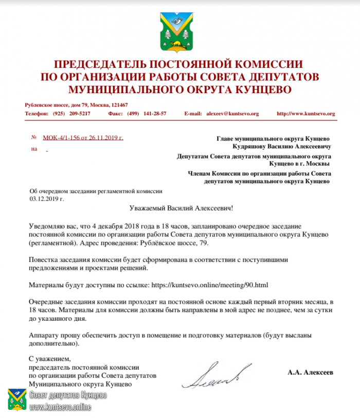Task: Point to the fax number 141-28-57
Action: coord(154,113)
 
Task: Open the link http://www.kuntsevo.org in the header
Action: coord(305,113)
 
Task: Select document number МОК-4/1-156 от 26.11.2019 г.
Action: coord(83,137)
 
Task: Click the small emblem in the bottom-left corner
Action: coord(16,399)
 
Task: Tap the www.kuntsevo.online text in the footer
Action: coord(60,407)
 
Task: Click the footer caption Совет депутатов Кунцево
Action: coord(68,395)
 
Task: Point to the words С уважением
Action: coord(49,359)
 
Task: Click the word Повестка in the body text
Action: coord(44,260)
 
